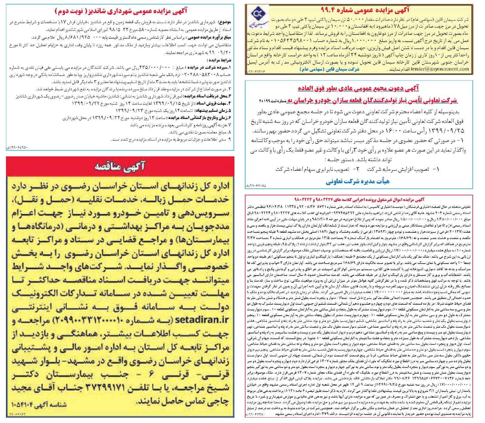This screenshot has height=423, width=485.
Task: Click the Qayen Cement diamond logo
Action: [x=258, y=18]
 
